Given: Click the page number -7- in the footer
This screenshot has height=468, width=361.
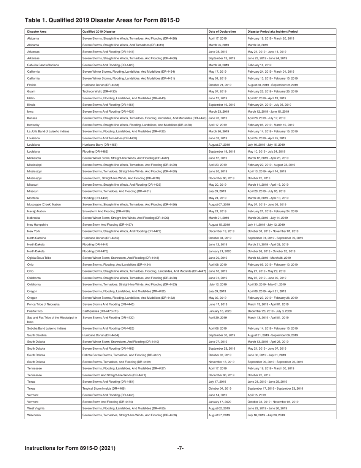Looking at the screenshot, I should (181, 448).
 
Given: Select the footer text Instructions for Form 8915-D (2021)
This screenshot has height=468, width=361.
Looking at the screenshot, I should (70, 448).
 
